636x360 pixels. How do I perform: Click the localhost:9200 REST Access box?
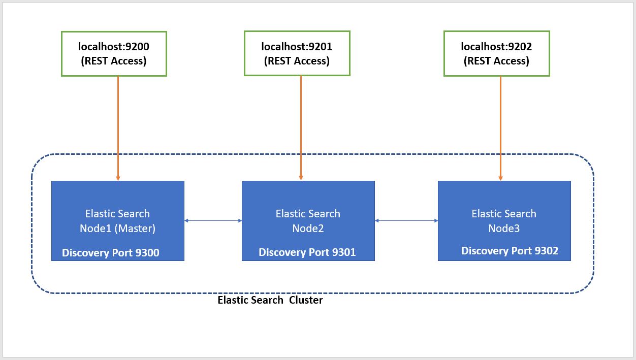(114, 54)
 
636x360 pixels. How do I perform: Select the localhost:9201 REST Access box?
(297, 54)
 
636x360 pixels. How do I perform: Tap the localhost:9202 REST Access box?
(496, 54)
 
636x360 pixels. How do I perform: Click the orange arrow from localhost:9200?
(118, 127)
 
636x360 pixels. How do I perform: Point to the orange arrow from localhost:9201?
(301, 127)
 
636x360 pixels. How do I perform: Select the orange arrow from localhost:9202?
(500, 127)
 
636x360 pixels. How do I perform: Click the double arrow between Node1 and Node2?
(213, 220)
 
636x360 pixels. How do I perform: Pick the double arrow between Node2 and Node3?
(406, 220)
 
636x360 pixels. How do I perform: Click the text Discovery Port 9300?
(111, 252)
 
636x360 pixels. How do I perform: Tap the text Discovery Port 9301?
(307, 252)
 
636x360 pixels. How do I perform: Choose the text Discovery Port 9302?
(510, 251)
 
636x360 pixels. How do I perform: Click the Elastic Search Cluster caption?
(270, 300)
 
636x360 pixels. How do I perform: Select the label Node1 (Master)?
(117, 228)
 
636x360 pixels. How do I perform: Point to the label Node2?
(308, 228)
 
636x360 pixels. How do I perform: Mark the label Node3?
(504, 228)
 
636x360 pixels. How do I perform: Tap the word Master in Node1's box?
(136, 228)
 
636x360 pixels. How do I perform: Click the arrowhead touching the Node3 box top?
(500, 178)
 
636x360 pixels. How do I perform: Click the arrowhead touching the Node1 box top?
(118, 178)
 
